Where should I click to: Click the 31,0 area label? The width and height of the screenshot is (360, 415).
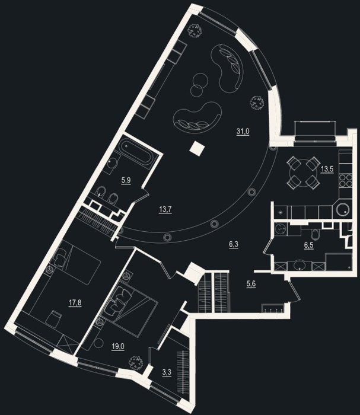[x=243, y=131]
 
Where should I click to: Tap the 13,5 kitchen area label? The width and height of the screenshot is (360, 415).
[x=327, y=169]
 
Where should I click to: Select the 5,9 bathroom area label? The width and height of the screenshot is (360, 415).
[x=126, y=180]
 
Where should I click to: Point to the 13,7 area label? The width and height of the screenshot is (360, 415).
[x=165, y=210]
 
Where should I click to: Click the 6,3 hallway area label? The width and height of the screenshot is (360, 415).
[x=234, y=244]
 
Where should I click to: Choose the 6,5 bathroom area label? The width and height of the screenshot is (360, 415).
[x=308, y=245]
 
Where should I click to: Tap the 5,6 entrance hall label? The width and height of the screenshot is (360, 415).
[x=251, y=284]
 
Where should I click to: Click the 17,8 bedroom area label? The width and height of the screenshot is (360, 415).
[x=75, y=303]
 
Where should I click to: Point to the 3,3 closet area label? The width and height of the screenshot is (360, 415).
[x=167, y=372]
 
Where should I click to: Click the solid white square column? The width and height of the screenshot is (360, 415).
[x=197, y=149]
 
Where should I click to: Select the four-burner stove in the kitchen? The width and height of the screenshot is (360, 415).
[x=346, y=180]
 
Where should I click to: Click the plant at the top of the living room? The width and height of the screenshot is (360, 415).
[x=195, y=31]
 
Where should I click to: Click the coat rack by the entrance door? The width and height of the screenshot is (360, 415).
[x=273, y=309]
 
